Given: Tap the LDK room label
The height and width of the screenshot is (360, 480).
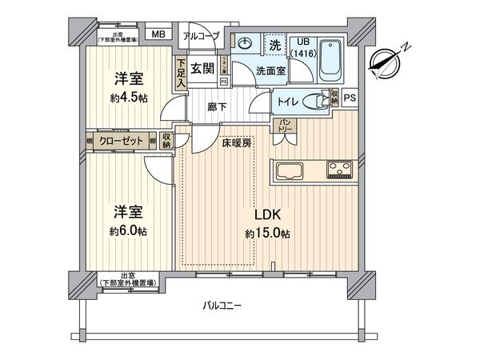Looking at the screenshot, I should (267, 214).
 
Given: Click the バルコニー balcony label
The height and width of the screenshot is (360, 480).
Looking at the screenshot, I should (222, 306).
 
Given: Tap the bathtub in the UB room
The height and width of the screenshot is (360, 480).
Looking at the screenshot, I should (332, 64).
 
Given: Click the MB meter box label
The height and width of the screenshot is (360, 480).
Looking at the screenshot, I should (158, 34).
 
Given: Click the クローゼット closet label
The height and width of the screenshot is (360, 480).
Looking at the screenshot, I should (122, 142).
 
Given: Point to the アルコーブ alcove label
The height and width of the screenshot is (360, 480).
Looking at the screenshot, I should (199, 35).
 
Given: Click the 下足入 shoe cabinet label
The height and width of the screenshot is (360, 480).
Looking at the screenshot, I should (182, 73).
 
